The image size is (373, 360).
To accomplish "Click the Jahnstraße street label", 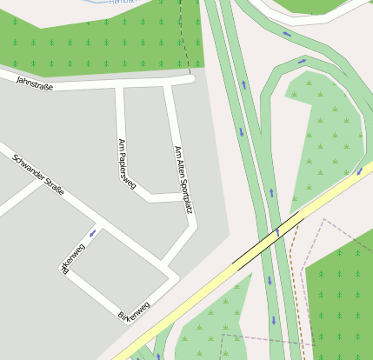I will point(35,80).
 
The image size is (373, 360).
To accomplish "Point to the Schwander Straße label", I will point(38,175).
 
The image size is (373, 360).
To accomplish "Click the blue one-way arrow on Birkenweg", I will point(92,233).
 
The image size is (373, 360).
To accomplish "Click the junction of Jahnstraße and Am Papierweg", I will point(119,85).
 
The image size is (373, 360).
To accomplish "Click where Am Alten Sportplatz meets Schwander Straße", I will point(161,263).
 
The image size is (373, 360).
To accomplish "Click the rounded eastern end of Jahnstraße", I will point(190,80).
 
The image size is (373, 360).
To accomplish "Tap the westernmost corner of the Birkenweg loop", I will point(64,271).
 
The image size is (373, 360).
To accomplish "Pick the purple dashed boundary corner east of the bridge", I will point(324,220).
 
